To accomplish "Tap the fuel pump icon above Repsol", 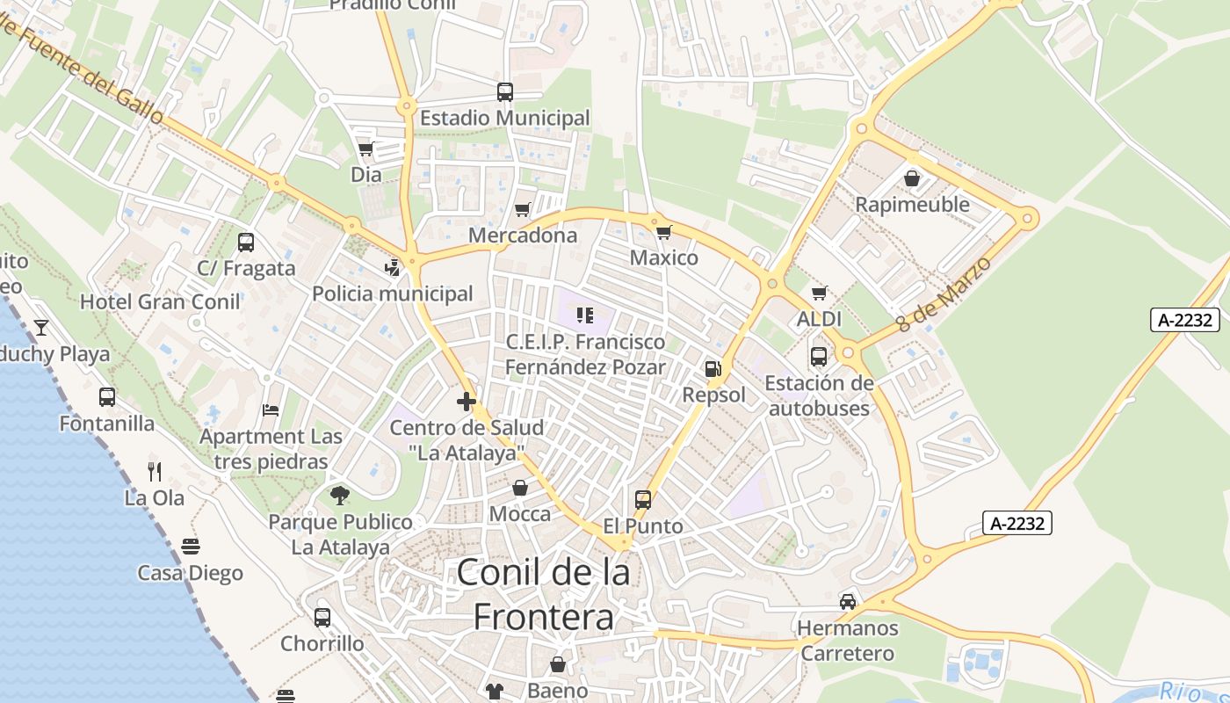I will coord(713,369).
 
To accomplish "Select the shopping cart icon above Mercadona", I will coord(523,209).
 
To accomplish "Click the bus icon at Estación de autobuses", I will coord(818,357).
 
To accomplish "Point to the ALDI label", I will coord(819,319).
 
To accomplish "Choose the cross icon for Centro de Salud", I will coord(467,402).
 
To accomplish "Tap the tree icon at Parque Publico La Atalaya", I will coord(340,496).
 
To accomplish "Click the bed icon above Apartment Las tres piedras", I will coord(271,410).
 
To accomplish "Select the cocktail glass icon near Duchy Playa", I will coord(41,328).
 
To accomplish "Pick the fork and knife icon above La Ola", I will coord(155,472).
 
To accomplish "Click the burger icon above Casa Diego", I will coord(191,547).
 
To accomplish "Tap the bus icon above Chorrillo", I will coord(322,617).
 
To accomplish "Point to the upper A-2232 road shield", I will coord(1185,320).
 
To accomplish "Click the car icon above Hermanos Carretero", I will coord(847,602).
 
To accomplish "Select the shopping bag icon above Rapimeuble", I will coord(912,178).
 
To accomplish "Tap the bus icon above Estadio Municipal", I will coord(504,91).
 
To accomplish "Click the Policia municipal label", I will coord(393,294).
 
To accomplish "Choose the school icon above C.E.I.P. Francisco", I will coord(585,315).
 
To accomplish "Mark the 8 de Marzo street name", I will coord(944,294).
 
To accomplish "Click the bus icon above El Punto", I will coord(643,500).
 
